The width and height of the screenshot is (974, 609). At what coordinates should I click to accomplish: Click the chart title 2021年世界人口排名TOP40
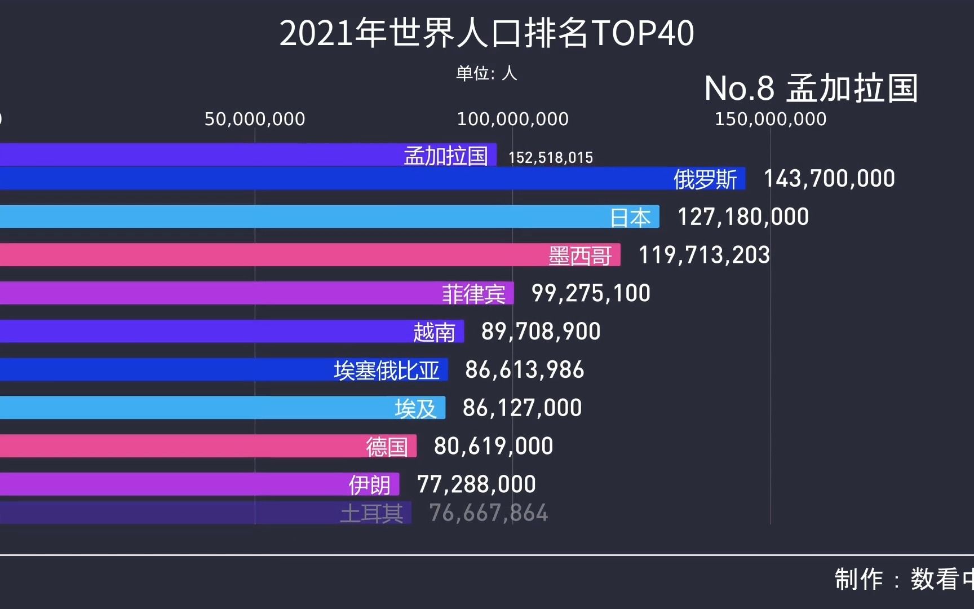[x=486, y=33]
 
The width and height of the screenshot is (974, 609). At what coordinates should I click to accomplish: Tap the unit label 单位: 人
[x=486, y=73]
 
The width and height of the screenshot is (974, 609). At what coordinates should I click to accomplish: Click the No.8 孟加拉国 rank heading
[x=811, y=89]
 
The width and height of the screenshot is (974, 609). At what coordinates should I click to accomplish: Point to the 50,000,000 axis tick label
[x=255, y=119]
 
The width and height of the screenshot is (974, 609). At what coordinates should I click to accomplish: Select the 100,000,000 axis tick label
[x=512, y=119]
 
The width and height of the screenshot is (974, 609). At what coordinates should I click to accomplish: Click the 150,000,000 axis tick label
[x=771, y=119]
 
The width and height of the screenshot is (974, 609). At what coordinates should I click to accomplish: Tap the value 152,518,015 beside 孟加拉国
[x=551, y=157]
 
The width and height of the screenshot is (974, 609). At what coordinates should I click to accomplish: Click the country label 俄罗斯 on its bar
[x=705, y=180]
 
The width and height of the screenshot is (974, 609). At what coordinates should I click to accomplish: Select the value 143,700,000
[x=829, y=179]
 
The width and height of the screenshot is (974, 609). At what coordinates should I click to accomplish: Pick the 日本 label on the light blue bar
[x=630, y=218]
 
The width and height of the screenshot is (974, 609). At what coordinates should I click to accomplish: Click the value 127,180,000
[x=743, y=217]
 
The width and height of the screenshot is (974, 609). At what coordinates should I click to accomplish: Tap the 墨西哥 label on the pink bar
[x=580, y=256]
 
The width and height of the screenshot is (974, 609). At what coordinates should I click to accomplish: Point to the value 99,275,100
[x=591, y=293]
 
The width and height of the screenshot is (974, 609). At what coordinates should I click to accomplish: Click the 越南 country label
[x=434, y=332]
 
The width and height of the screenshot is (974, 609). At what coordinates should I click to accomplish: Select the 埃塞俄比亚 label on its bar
[x=386, y=370]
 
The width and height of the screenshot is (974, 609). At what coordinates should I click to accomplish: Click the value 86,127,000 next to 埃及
[x=522, y=408]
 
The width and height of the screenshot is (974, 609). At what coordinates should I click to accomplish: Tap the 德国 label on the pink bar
[x=387, y=447]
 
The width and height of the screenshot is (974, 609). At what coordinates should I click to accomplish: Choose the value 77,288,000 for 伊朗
[x=476, y=484]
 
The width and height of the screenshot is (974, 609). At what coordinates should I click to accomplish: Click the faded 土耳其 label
[x=371, y=514]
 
